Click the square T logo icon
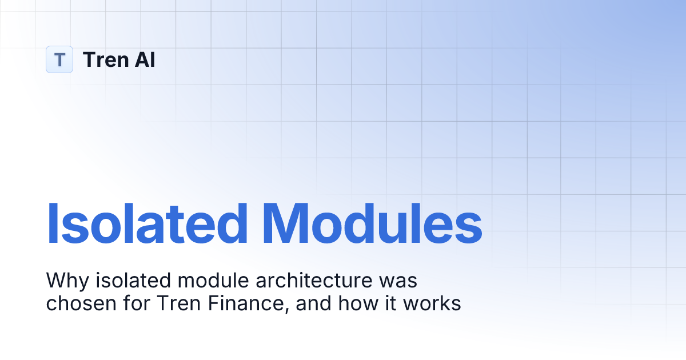coord(59,59)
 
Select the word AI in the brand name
coord(145,59)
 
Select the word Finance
coord(245,303)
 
